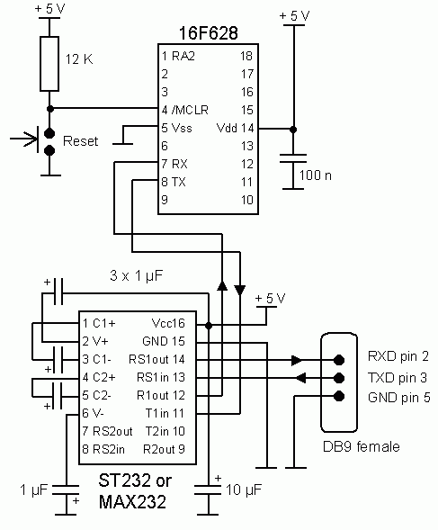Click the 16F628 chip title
tap(208, 33)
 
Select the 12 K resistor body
tap(49, 64)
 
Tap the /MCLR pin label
tap(190, 110)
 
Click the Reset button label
tap(80, 141)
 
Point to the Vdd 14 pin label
tap(236, 128)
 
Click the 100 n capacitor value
tap(315, 175)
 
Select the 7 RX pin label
tap(174, 164)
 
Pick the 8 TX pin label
tap(174, 182)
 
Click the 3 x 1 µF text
tap(136, 276)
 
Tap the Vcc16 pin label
tap(168, 323)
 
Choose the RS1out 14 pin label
tap(156, 359)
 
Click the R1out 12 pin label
tap(161, 395)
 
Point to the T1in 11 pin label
tap(165, 413)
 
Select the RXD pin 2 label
tap(398, 356)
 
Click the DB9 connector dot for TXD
tap(339, 378)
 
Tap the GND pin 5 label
tap(399, 397)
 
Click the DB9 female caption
tap(362, 446)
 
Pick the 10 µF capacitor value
tap(244, 490)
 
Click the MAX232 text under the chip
tap(132, 501)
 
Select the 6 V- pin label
tap(94, 413)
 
